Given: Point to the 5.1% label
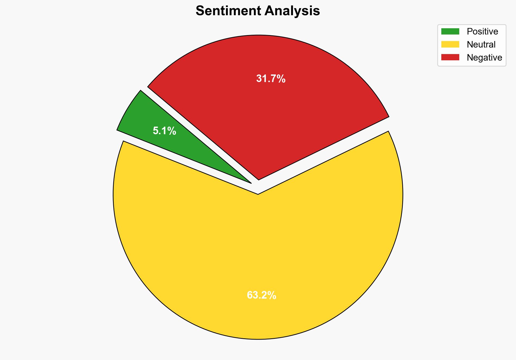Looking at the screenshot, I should pos(164,131).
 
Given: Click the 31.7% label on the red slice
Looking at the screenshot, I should pos(271,79).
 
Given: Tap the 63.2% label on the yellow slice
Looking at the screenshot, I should pos(261,295).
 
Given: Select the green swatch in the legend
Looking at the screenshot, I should pos(450,32).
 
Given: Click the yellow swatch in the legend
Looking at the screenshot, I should pos(450,44).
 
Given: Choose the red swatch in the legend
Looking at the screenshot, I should pos(450,57).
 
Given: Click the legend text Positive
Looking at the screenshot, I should pos(482,32).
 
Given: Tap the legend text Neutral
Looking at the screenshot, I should pos(481,45).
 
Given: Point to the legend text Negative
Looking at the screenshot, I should pos(484,58).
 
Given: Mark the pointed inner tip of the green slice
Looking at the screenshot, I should pos(250,183).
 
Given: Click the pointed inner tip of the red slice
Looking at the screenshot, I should pos(259,179).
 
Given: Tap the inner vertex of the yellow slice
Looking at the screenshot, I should pos(258,194).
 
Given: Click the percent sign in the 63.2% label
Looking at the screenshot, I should pos(272,295).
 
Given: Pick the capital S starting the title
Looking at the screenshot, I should pos(200,11).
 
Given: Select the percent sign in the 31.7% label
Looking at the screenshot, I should pos(281,79).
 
